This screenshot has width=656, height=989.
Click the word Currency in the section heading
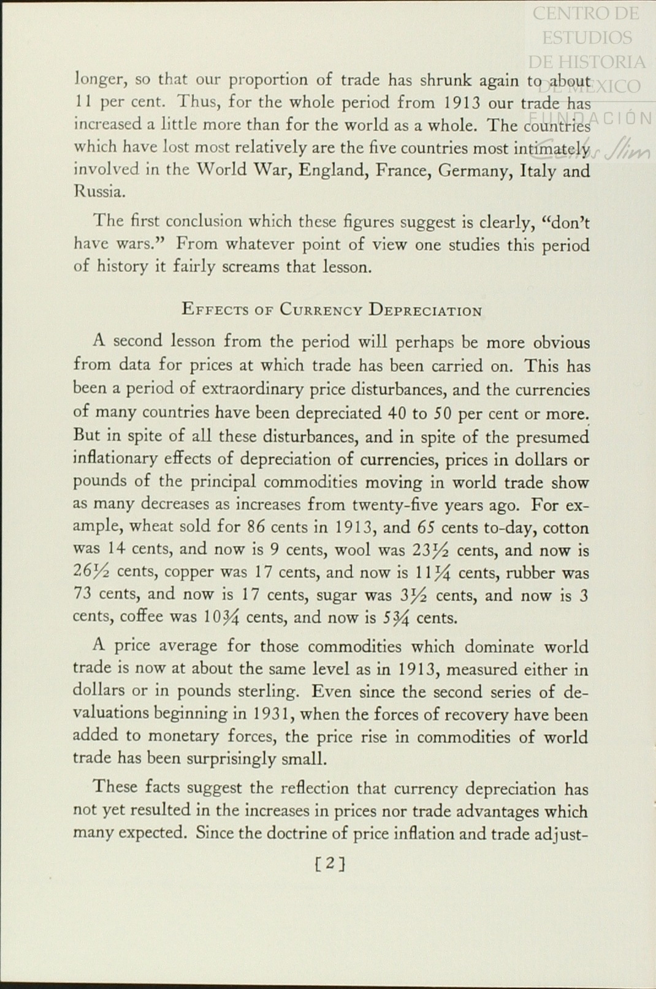point(321,310)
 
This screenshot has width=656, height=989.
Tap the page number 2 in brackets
point(329,863)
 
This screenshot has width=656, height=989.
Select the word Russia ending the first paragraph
point(99,192)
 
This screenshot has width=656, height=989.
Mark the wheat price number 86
point(255,527)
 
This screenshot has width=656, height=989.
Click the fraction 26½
point(92,572)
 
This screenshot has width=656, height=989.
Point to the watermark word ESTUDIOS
point(587,37)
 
